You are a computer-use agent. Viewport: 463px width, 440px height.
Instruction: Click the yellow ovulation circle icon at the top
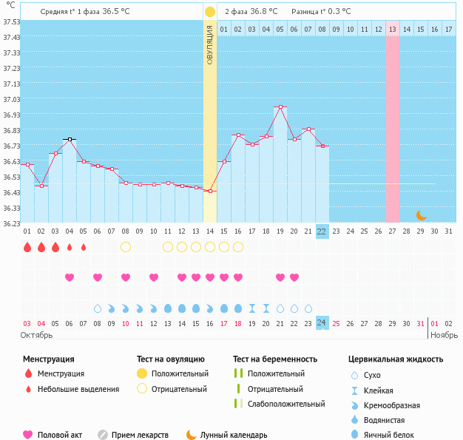point(210,12)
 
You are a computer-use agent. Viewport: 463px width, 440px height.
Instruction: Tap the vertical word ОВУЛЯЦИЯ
point(210,44)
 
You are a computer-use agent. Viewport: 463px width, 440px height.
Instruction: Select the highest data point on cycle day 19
point(280,107)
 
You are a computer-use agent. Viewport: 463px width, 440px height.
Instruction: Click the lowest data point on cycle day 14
point(209,192)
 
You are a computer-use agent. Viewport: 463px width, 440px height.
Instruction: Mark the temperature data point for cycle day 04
point(70,139)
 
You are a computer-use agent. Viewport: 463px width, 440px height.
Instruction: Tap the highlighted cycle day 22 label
point(322,231)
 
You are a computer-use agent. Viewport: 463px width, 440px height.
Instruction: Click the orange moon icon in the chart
point(421,215)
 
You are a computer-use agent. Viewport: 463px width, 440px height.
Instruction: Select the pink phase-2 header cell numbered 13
point(392,29)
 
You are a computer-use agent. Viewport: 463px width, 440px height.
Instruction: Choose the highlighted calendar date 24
point(322,322)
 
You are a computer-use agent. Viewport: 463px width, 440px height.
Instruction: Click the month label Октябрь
point(37,335)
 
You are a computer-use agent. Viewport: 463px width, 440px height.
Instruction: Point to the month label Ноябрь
point(444,335)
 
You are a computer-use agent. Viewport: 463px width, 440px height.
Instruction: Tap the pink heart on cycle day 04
point(70,277)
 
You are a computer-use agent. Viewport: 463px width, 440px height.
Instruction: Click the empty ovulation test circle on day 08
point(126,246)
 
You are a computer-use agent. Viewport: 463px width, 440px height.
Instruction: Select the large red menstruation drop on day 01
point(27,247)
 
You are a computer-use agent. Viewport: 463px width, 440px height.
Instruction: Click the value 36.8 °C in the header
point(263,12)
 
